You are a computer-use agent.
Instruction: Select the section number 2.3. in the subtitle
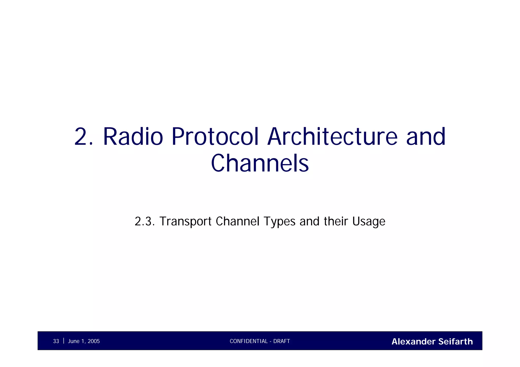[145, 221]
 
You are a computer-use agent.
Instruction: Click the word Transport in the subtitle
[185, 221]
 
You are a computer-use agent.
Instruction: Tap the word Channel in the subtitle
[238, 221]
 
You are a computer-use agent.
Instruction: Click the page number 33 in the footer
[56, 341]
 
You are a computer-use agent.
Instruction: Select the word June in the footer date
[74, 341]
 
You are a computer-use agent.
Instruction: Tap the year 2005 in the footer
[94, 341]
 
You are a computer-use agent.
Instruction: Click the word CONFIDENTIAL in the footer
[249, 341]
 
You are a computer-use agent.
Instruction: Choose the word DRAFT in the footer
[282, 341]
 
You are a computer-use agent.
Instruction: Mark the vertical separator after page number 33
[63, 341]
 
